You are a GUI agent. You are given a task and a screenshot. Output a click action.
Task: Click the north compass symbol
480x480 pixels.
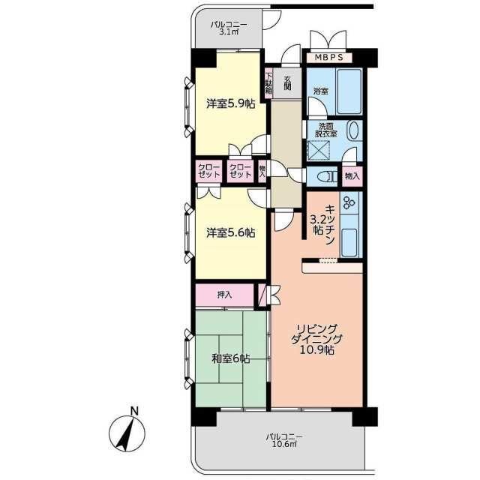coord(127,433)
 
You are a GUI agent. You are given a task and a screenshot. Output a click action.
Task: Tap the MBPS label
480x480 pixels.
coord(328,57)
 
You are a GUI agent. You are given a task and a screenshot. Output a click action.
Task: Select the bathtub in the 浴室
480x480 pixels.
coord(349,91)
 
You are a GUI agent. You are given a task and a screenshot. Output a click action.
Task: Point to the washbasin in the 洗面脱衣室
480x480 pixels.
coord(354,131)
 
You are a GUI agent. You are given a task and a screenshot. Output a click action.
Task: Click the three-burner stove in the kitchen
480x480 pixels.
coord(349,202)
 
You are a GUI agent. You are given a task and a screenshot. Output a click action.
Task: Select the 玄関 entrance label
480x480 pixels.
coord(287,82)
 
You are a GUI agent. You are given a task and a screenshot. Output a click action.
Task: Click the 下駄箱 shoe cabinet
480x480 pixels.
coord(268,83)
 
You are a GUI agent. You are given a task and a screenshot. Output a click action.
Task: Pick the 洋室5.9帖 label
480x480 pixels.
coord(231,104)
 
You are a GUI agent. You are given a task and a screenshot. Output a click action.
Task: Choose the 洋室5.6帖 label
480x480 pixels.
coord(231,233)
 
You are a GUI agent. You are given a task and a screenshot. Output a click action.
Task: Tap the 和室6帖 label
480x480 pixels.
coord(231,358)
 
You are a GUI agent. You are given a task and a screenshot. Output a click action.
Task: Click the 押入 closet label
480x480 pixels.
coord(225,295)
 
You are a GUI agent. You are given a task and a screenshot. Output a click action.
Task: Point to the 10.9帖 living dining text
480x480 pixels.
coord(316,350)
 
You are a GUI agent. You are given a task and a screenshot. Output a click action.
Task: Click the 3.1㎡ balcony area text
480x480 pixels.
coord(229,31)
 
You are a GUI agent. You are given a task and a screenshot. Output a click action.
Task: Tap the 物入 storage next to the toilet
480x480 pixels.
coord(352,176)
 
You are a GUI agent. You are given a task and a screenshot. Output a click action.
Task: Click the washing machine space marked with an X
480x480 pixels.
coord(319,150)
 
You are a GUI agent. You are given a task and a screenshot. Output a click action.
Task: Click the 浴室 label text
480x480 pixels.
coord(321,91)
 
